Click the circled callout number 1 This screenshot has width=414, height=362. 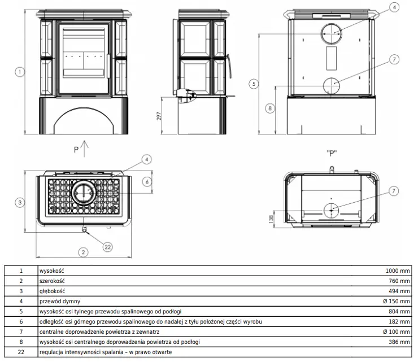[x=20, y=72]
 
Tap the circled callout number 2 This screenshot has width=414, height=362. [x=83, y=252]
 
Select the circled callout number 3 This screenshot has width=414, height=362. [x=20, y=203]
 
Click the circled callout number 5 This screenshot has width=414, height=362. [x=254, y=84]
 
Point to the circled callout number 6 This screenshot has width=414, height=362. [x=147, y=182]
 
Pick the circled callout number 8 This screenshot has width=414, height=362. [x=270, y=108]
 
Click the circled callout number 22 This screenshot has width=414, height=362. [x=107, y=247]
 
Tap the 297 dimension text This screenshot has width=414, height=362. [x=159, y=116]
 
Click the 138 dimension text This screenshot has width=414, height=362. [x=271, y=219]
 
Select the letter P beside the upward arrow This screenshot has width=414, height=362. [x=76, y=150]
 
